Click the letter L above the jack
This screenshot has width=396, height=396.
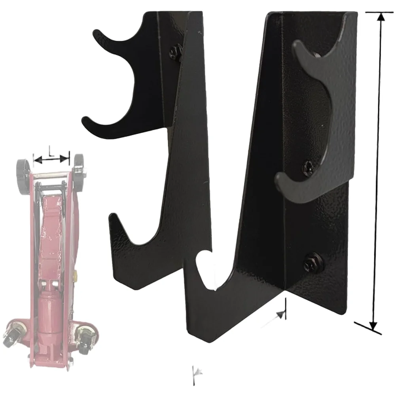click(51, 151)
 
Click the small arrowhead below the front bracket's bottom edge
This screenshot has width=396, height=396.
click(281, 315)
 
